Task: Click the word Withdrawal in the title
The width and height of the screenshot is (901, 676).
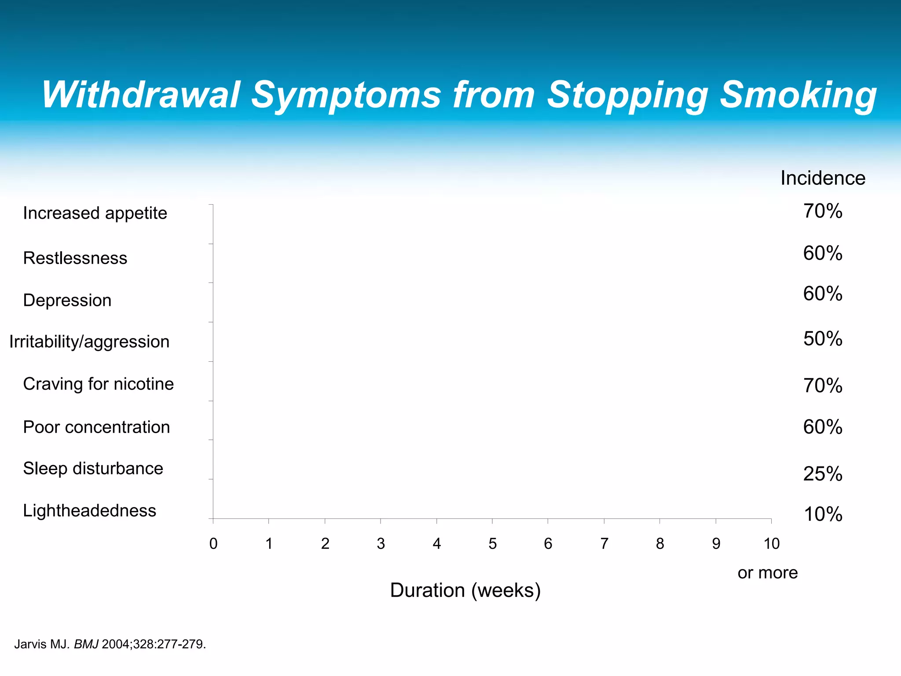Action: (x=141, y=95)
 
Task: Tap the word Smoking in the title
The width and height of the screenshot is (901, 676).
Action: (x=798, y=95)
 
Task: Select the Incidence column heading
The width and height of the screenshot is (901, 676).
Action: (x=823, y=178)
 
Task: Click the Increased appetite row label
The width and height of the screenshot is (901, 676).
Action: (x=95, y=213)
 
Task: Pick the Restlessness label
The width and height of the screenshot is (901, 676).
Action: (x=75, y=258)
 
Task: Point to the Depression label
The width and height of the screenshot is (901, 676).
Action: (x=67, y=300)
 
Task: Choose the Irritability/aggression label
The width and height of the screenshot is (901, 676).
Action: (x=89, y=342)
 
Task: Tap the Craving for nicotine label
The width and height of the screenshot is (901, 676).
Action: (x=99, y=384)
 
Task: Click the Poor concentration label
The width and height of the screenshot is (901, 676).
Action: (x=96, y=427)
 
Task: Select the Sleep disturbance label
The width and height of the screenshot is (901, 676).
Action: (x=93, y=468)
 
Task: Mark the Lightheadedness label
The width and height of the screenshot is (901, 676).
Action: (x=90, y=511)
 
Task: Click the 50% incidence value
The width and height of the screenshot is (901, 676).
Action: (x=823, y=339)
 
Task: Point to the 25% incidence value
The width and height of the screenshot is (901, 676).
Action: (x=823, y=474)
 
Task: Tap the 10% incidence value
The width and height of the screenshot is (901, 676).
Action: (x=823, y=514)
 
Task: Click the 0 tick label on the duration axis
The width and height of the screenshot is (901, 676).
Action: (x=213, y=544)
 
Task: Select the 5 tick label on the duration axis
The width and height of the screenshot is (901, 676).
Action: (x=492, y=544)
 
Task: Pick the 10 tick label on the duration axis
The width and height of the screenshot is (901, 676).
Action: (x=772, y=544)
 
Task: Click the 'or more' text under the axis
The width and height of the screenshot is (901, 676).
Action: (x=768, y=573)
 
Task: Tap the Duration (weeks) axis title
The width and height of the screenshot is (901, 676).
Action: (x=465, y=590)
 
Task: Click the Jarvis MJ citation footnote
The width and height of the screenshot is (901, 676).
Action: (x=110, y=644)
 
